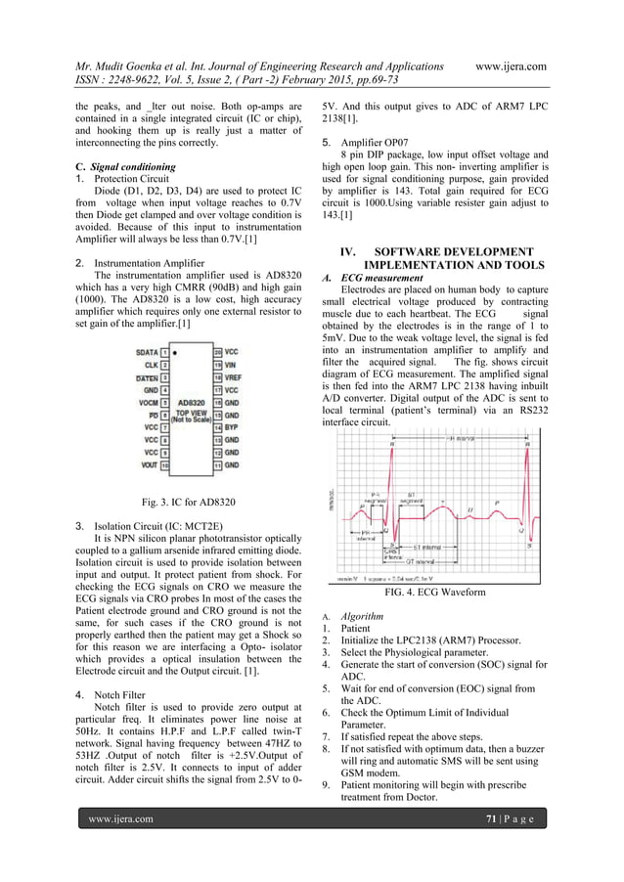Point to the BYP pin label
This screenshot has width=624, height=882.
[x=230, y=426]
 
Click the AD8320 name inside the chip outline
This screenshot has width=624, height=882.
[x=188, y=401]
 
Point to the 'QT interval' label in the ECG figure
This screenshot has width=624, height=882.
[x=423, y=562]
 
